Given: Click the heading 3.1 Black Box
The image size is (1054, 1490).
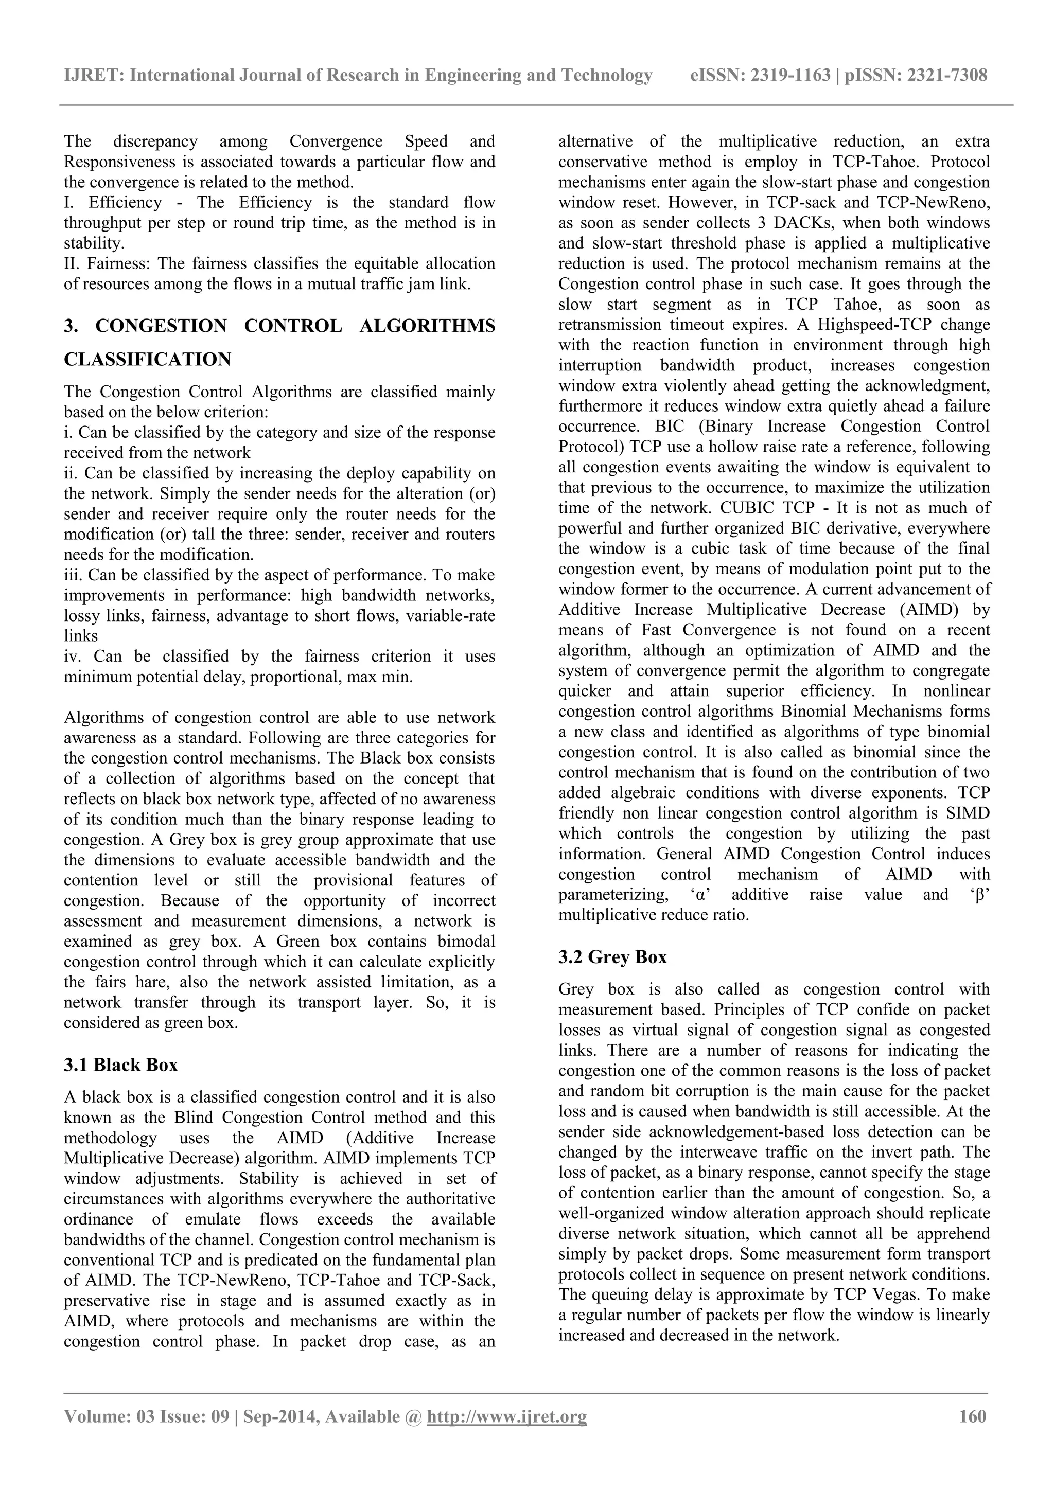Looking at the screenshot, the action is pos(121,1065).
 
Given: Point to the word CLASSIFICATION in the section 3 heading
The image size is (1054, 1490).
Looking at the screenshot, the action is pos(147,359).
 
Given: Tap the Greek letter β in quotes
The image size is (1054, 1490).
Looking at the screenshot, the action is pos(980,895).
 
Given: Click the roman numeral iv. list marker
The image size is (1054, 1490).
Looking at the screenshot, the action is pos(72,656).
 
